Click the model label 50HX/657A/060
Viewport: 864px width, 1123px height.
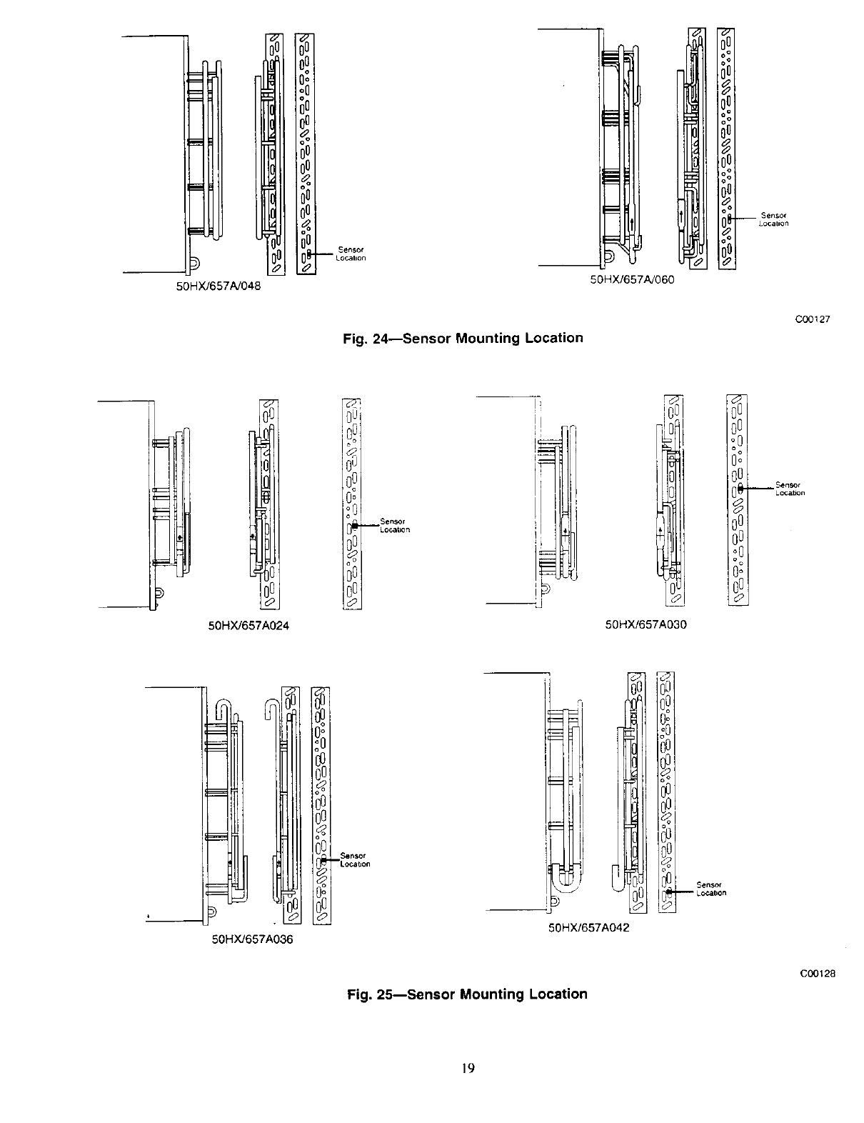pyautogui.click(x=632, y=279)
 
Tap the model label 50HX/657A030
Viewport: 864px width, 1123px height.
pyautogui.click(x=646, y=624)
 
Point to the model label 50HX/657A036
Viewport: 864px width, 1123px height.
pyautogui.click(x=253, y=939)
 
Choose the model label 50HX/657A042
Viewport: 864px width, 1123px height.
pyautogui.click(x=588, y=928)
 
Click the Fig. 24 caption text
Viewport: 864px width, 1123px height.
pyautogui.click(x=463, y=338)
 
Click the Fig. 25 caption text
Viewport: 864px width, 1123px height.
pyautogui.click(x=467, y=994)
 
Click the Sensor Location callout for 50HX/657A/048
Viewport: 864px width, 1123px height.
pyautogui.click(x=351, y=254)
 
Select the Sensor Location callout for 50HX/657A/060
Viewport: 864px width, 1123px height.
pyautogui.click(x=774, y=219)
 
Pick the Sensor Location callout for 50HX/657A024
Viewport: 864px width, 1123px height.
pyautogui.click(x=394, y=525)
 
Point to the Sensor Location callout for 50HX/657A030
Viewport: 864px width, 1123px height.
pyautogui.click(x=789, y=489)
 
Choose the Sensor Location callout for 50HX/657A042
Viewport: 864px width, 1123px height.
pyautogui.click(x=710, y=889)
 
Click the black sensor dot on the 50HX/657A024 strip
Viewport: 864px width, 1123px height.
pyautogui.click(x=355, y=525)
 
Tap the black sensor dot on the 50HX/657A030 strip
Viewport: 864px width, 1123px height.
pyautogui.click(x=740, y=488)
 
